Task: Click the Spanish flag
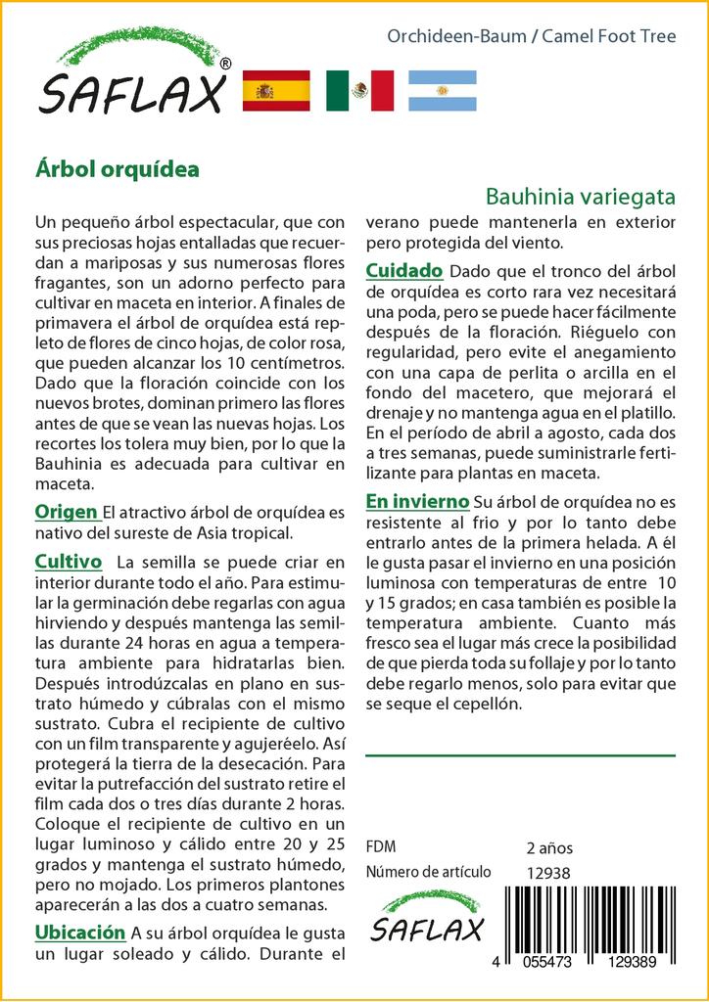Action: tap(275, 91)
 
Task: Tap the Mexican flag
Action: tap(359, 91)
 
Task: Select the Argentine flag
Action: tap(443, 91)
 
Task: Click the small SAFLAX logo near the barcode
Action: tap(426, 917)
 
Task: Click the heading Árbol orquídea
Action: tap(117, 168)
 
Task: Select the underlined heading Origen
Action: tap(66, 512)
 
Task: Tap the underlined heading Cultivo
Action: tap(69, 562)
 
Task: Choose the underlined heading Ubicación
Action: tap(80, 932)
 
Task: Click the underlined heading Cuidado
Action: tap(404, 270)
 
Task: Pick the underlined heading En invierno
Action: tap(416, 501)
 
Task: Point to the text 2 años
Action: tap(549, 848)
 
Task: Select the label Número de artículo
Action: tap(428, 873)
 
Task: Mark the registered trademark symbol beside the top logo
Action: tap(226, 64)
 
